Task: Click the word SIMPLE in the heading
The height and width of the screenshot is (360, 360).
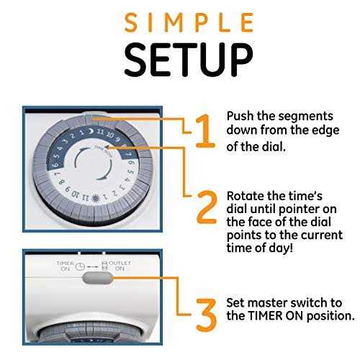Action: pyautogui.click(x=179, y=22)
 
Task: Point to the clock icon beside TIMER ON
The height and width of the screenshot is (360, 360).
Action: pyautogui.click(x=80, y=269)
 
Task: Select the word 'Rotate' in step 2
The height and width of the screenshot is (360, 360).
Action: pyautogui.click(x=243, y=195)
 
